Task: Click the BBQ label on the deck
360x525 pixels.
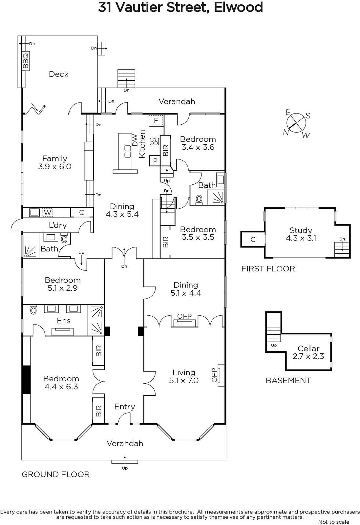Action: (x=26, y=60)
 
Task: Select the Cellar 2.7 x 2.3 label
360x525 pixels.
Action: (x=308, y=352)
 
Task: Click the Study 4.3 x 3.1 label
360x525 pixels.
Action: (x=301, y=234)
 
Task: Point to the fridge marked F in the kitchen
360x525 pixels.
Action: (x=156, y=120)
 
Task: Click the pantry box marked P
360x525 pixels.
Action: (x=155, y=161)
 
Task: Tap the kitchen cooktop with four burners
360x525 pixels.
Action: (x=155, y=141)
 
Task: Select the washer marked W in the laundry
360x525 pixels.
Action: (x=47, y=213)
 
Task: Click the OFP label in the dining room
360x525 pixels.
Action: (x=184, y=316)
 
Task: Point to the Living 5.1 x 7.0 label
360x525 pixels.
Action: (x=184, y=376)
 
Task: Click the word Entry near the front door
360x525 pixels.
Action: (x=124, y=407)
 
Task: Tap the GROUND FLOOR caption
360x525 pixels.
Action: (x=56, y=474)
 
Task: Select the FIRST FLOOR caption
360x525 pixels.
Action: (x=268, y=269)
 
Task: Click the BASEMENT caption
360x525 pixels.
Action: (x=288, y=381)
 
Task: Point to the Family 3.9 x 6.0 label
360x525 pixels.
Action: (x=54, y=162)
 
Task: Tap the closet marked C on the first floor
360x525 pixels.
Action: (x=253, y=239)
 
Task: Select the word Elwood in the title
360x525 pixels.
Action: (x=238, y=7)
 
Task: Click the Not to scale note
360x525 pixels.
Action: (x=333, y=522)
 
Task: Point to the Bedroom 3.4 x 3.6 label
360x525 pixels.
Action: (x=198, y=143)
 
